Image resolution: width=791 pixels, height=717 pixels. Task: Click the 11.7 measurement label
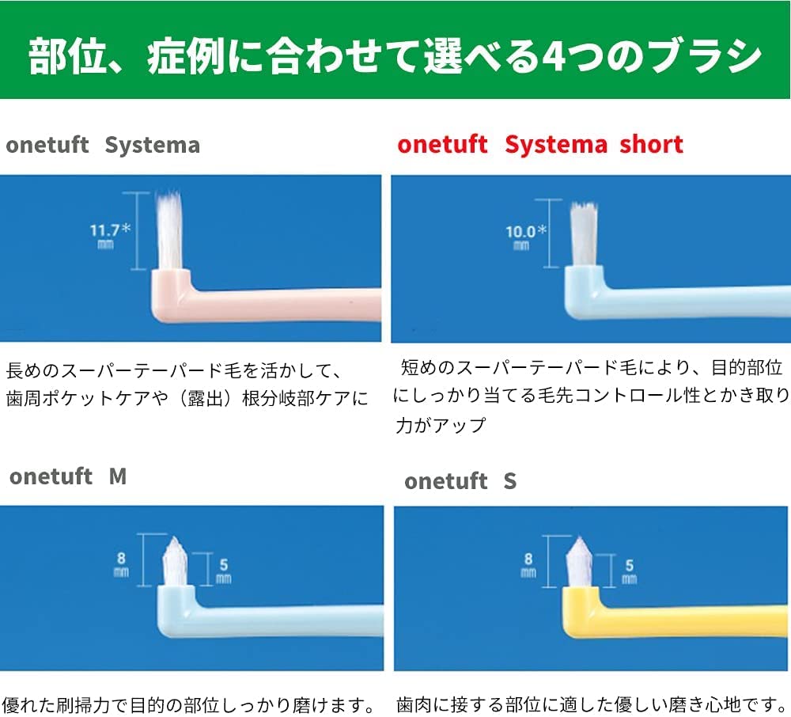[x=110, y=236]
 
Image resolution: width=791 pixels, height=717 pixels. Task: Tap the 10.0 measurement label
[x=526, y=237]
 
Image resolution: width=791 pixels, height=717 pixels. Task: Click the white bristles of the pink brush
[x=169, y=230]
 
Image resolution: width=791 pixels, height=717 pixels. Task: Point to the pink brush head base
[x=171, y=295]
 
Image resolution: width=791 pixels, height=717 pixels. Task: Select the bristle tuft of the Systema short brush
[x=584, y=234]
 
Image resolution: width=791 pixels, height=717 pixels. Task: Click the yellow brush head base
[x=581, y=610]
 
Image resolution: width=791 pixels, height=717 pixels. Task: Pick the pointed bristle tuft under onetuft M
[x=175, y=561]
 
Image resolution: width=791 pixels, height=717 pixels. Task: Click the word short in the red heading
[x=651, y=144]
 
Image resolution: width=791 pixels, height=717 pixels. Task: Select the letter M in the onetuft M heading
[x=118, y=476]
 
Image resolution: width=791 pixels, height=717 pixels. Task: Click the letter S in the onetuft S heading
[x=510, y=481]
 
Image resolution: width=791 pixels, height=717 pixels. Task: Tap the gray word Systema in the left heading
[x=153, y=146]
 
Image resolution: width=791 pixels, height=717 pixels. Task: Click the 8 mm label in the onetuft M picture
[x=122, y=564]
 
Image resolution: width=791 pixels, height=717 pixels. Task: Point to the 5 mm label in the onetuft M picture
[x=224, y=571]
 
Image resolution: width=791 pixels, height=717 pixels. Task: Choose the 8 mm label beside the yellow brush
[x=528, y=565]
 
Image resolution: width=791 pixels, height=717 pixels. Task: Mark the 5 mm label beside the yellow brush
[x=629, y=571]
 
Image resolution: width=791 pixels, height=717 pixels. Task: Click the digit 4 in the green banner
[x=555, y=55]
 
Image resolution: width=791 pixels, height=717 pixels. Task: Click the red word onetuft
[x=442, y=144]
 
